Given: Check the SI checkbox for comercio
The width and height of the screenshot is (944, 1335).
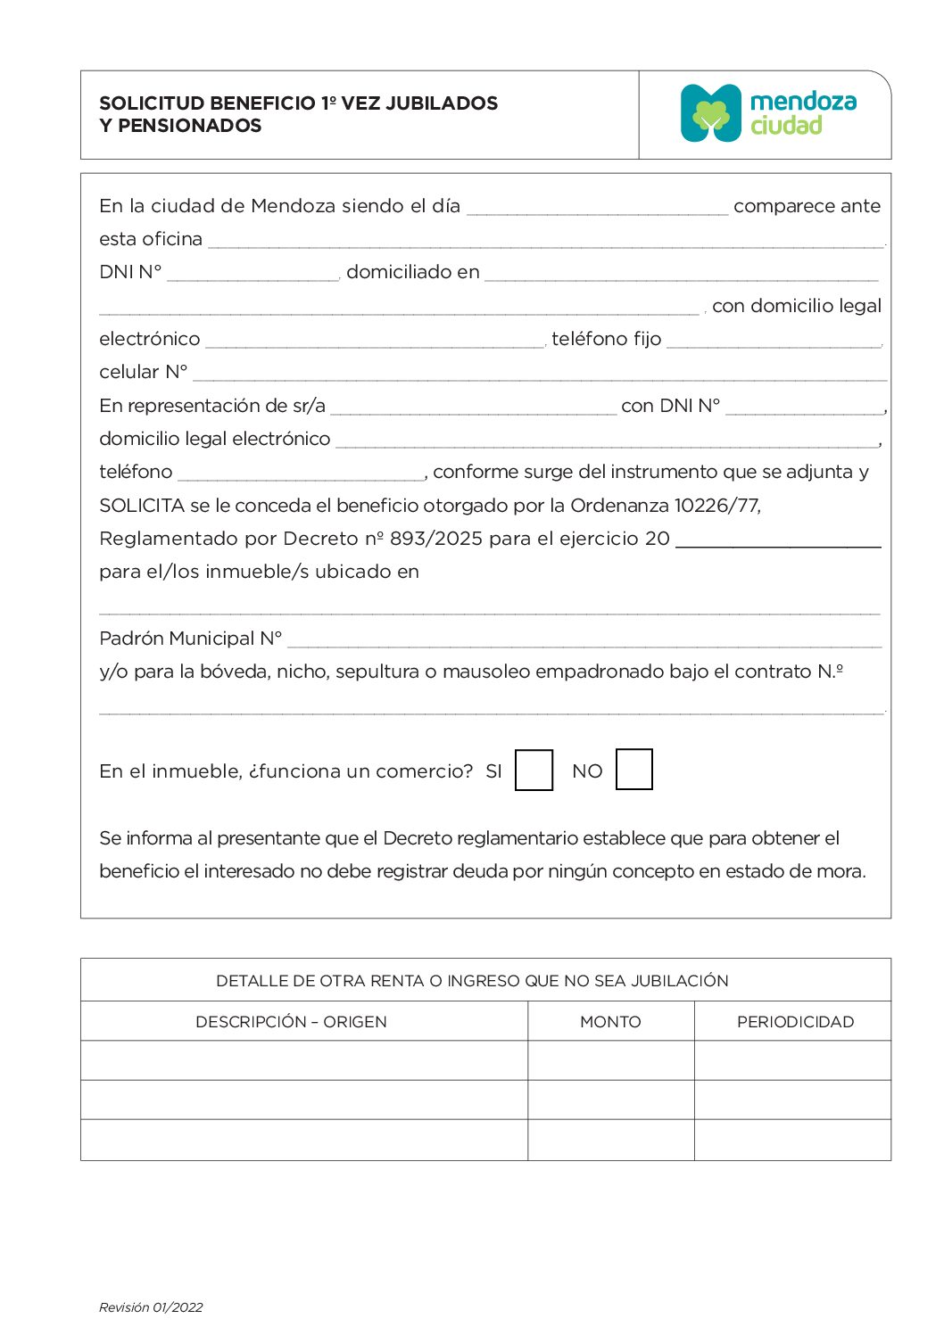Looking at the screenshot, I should (x=534, y=770).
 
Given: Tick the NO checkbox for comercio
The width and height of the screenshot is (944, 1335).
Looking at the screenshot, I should (x=633, y=770).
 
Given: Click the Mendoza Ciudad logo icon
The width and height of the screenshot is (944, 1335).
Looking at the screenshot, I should (x=710, y=113).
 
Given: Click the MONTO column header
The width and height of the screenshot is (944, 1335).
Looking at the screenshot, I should (x=610, y=1022).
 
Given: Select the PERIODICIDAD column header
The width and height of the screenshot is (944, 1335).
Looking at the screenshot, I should (x=795, y=1022).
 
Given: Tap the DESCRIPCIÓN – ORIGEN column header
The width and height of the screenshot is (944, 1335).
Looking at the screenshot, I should (x=291, y=1022).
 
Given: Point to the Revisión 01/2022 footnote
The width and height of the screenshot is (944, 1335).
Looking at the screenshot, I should (x=151, y=1307).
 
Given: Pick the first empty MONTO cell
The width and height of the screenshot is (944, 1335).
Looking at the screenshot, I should (x=610, y=1060).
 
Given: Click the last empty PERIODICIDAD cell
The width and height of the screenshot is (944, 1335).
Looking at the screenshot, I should (x=792, y=1140).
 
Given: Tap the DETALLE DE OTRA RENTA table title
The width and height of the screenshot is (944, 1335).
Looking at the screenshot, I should (x=472, y=981).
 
